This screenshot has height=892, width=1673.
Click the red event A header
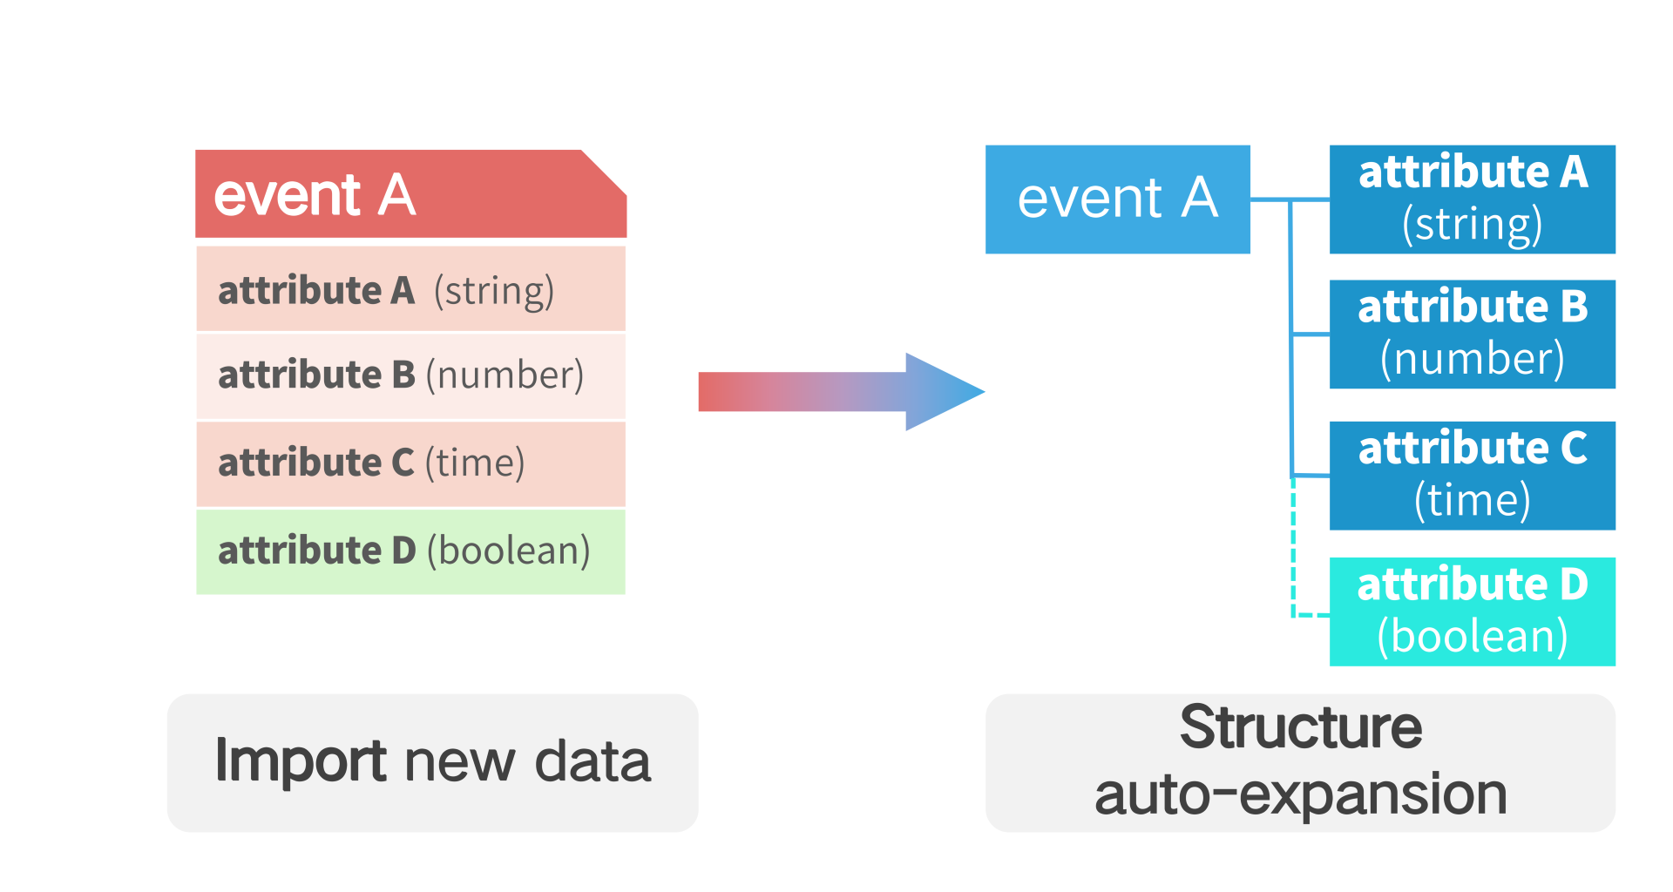pyautogui.click(x=410, y=193)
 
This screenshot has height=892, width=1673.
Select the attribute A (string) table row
pyautogui.click(x=410, y=289)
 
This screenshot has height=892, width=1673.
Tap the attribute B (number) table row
pyautogui.click(x=410, y=376)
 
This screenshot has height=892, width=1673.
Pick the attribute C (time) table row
pyautogui.click(x=410, y=464)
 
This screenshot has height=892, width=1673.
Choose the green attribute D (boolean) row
pyautogui.click(x=410, y=552)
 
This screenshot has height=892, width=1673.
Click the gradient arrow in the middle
pyautogui.click(x=841, y=392)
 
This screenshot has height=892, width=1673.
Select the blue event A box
pyautogui.click(x=1118, y=199)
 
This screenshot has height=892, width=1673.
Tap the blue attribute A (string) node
pyautogui.click(x=1473, y=199)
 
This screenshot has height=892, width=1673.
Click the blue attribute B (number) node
pyautogui.click(x=1473, y=334)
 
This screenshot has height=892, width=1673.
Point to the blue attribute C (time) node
pyautogui.click(x=1473, y=476)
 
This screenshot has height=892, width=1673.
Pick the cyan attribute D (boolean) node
pyautogui.click(x=1473, y=612)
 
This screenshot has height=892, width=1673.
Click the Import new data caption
pyautogui.click(x=433, y=763)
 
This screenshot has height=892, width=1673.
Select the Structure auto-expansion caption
pyautogui.click(x=1300, y=763)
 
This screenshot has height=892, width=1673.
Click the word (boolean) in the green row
pyautogui.click(x=509, y=551)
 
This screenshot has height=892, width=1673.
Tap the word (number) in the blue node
pyautogui.click(x=1473, y=359)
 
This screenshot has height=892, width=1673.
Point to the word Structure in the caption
pyautogui.click(x=1301, y=727)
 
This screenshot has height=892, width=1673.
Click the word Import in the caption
pyautogui.click(x=301, y=760)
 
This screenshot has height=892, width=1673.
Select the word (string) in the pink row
pyautogui.click(x=494, y=291)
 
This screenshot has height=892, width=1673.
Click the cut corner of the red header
pyautogui.click(x=605, y=172)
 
